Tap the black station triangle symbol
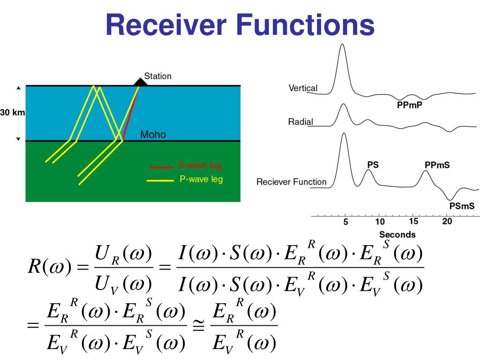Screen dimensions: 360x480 click(x=140, y=82)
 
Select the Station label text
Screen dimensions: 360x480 click(x=157, y=76)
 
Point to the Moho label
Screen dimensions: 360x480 click(x=153, y=135)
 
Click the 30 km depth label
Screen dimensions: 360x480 click(x=12, y=112)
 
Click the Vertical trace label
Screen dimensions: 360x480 click(x=303, y=88)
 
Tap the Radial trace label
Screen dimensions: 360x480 click(x=300, y=122)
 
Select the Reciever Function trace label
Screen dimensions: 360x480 click(x=291, y=182)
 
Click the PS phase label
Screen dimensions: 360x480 click(x=373, y=165)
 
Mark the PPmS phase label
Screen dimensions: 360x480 click(x=437, y=165)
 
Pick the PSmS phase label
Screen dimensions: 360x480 click(x=462, y=205)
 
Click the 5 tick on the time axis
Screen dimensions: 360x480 click(x=345, y=222)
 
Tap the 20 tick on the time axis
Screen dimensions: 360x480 click(x=447, y=222)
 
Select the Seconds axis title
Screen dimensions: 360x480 click(x=397, y=234)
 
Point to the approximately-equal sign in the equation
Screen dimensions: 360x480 click(x=199, y=326)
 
